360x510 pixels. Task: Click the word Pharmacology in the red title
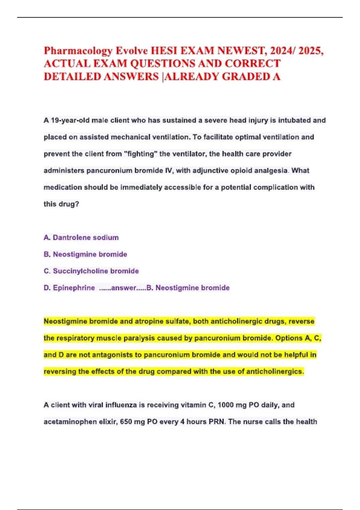(78, 51)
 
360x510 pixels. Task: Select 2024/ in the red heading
(283, 51)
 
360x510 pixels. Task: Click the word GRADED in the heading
(246, 77)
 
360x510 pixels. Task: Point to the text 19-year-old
(70, 120)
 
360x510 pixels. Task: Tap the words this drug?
(61, 204)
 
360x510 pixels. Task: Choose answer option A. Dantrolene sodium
(81, 238)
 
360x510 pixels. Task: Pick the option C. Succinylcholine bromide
(91, 271)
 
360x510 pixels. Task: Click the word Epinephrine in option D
(74, 288)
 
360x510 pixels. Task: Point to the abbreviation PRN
(216, 422)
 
